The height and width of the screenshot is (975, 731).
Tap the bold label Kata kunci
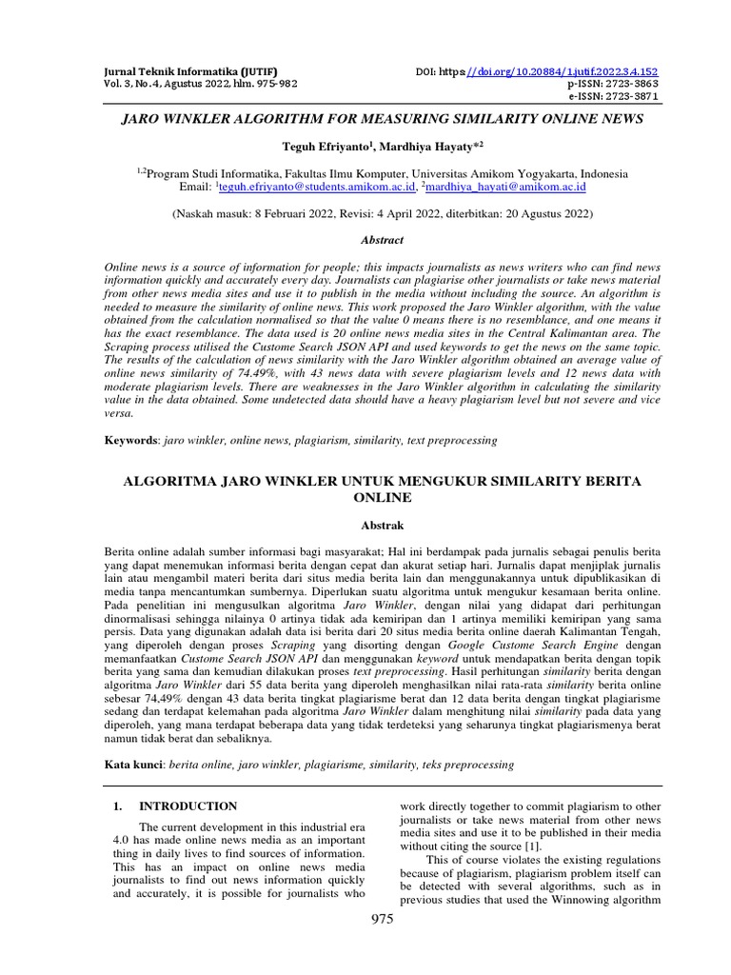134,764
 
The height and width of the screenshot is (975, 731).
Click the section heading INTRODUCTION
188,806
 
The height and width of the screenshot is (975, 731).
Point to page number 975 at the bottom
382,918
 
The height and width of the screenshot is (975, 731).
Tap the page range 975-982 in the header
249,84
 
